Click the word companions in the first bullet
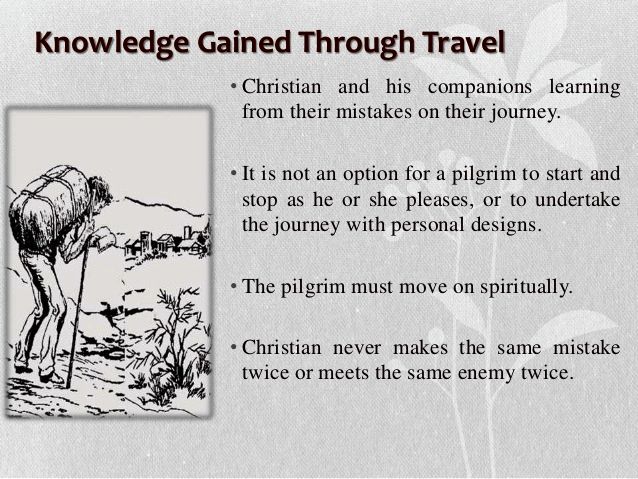pos(480,88)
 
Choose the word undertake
pos(577,199)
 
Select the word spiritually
pos(526,288)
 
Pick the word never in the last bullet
pos(357,348)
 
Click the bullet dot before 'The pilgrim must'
pos(233,287)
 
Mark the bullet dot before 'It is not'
pos(233,174)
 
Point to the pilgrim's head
pos(99,191)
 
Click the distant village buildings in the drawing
pos(167,242)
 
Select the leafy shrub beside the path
pos(175,346)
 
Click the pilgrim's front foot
pos(52,377)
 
